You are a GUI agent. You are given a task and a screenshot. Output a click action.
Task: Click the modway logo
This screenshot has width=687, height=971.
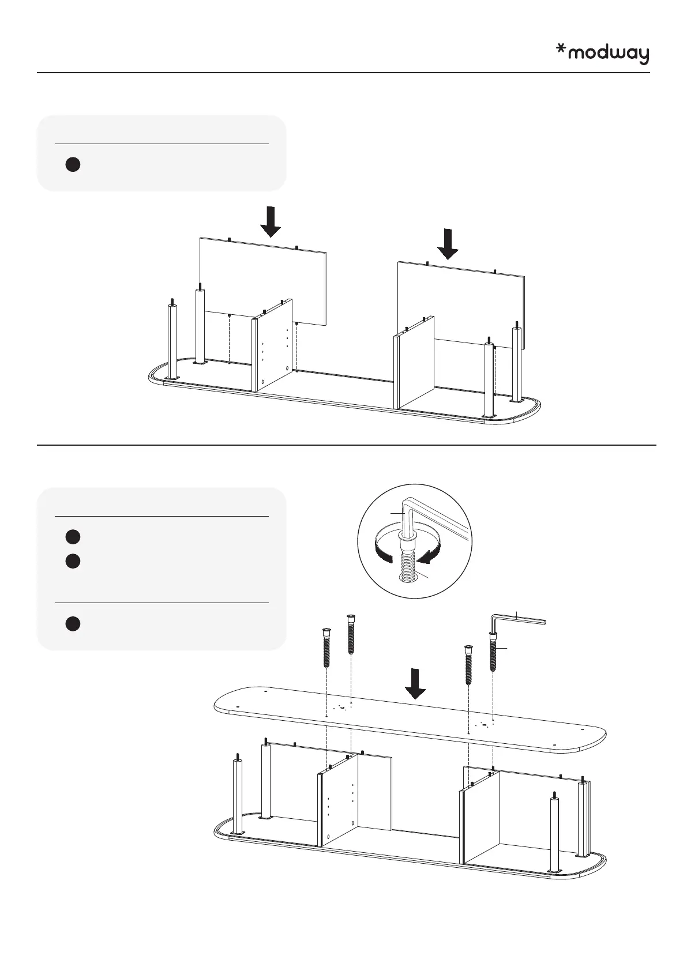point(602,54)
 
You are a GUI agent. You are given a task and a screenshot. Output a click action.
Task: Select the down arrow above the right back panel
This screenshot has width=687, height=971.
point(448,243)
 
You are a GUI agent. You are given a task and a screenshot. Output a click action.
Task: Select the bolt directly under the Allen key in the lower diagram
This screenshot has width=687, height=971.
point(493,652)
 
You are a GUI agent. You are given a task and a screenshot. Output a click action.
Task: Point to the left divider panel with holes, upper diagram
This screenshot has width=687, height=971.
point(275,346)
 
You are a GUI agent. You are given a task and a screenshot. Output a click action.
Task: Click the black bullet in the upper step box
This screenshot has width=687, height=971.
point(72,164)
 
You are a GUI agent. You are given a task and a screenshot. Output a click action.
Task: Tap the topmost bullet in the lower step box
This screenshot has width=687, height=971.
point(72,537)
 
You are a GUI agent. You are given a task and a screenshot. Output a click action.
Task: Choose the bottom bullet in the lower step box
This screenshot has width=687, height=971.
point(72,623)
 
